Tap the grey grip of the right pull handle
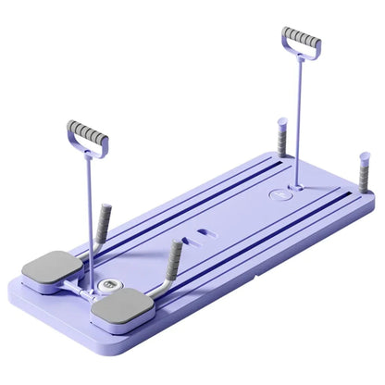pyautogui.click(x=301, y=43)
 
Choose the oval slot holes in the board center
pyautogui.click(x=200, y=240)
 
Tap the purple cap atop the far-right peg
pyautogui.click(x=365, y=157)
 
